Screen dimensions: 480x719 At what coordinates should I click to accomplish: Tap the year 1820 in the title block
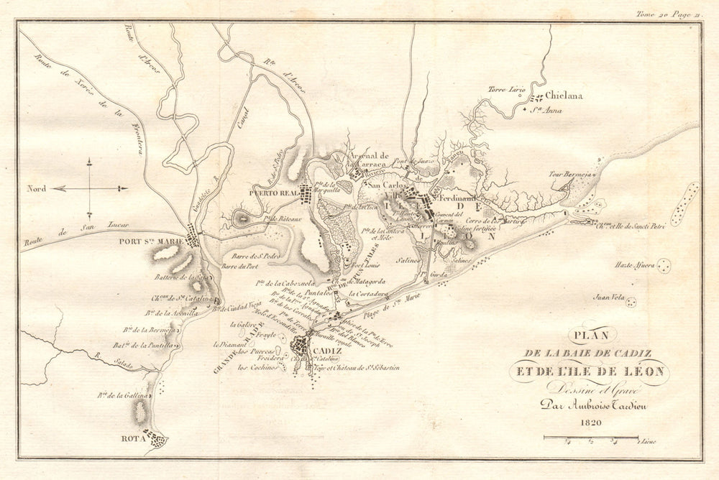[588, 423]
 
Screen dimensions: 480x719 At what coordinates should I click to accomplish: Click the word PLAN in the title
[587, 334]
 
